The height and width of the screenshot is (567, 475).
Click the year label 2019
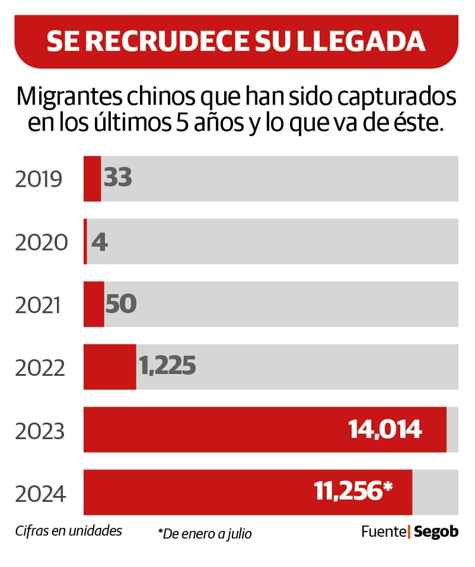pos(39,180)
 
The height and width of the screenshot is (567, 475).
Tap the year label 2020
pos(41,242)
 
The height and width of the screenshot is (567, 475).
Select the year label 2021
pos(39,305)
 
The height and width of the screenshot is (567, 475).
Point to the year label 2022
pos(41,368)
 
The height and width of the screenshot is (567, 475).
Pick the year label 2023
pos(41,431)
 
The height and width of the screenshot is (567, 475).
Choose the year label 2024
pos(41,493)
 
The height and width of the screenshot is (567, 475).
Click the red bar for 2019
pos(92,178)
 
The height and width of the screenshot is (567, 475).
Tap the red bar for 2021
pos(94,304)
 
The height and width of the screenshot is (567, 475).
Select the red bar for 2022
pos(110,367)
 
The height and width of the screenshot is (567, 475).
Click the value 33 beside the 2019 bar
pos(118,178)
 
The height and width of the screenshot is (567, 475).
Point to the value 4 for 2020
pos(99,241)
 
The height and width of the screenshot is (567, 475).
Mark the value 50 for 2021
pos(121,304)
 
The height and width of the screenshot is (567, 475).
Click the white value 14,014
pos(385,430)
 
